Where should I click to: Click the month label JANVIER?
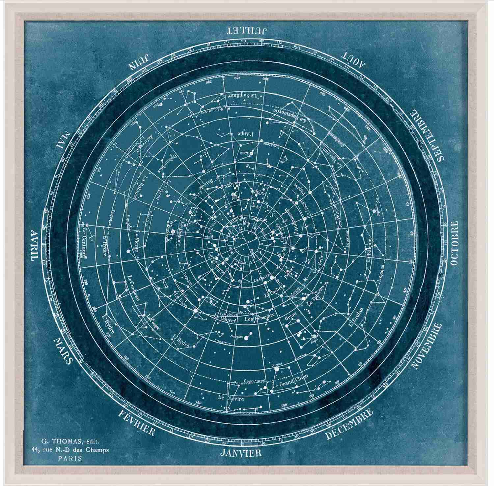pyautogui.click(x=241, y=452)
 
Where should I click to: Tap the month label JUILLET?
pyautogui.click(x=247, y=31)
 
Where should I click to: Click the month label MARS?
pyautogui.click(x=62, y=350)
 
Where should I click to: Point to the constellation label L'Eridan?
pyautogui.click(x=355, y=317)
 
